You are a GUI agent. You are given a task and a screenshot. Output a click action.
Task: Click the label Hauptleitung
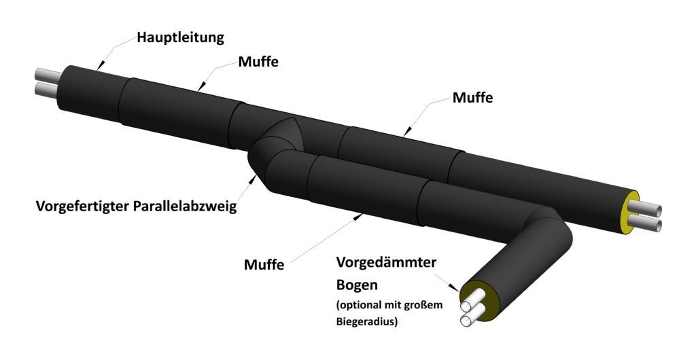coord(180,37)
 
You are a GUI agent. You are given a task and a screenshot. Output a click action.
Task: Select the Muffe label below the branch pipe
coord(264,264)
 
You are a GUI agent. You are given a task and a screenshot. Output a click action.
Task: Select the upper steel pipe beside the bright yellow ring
coord(646,207)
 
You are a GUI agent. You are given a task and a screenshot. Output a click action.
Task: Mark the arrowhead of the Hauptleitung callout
coord(100,65)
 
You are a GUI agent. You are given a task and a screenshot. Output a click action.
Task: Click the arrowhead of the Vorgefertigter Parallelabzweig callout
coord(254,180)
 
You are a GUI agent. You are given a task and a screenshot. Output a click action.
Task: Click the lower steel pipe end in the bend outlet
coord(469,318)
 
